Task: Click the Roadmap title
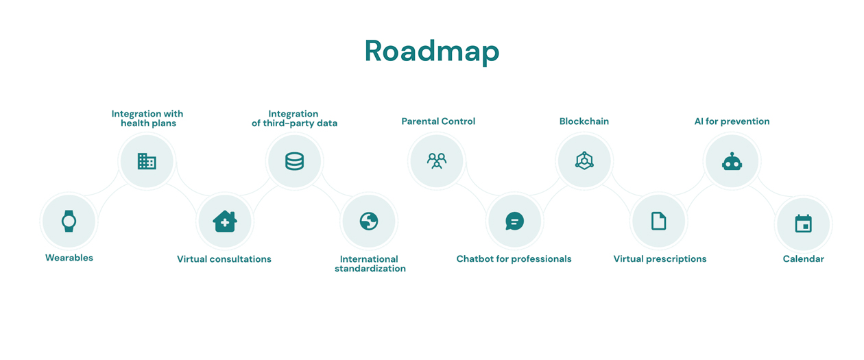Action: pos(432,51)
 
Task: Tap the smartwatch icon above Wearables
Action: pos(69,221)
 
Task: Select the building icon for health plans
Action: pos(147,161)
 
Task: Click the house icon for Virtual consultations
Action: pos(225,221)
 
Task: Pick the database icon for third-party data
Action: pos(294,161)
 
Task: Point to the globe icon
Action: pos(369,221)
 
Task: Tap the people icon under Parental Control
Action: pos(437,161)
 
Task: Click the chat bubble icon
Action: pos(514,221)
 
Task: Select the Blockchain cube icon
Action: pos(584,160)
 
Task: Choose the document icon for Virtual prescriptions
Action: pos(659,221)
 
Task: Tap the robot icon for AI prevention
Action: pos(732,161)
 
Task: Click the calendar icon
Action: pos(804,224)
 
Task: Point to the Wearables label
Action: pos(69,258)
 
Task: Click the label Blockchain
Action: pos(584,121)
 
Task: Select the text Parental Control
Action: pos(438,121)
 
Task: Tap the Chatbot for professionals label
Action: pos(514,259)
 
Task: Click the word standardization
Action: pos(370,269)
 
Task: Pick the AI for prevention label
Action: pos(732,121)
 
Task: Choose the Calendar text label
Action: pos(804,259)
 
